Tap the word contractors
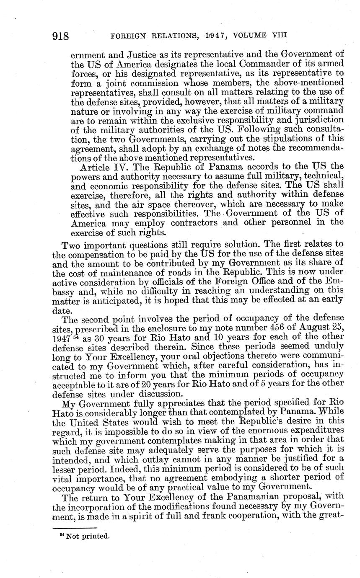point(194,222)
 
